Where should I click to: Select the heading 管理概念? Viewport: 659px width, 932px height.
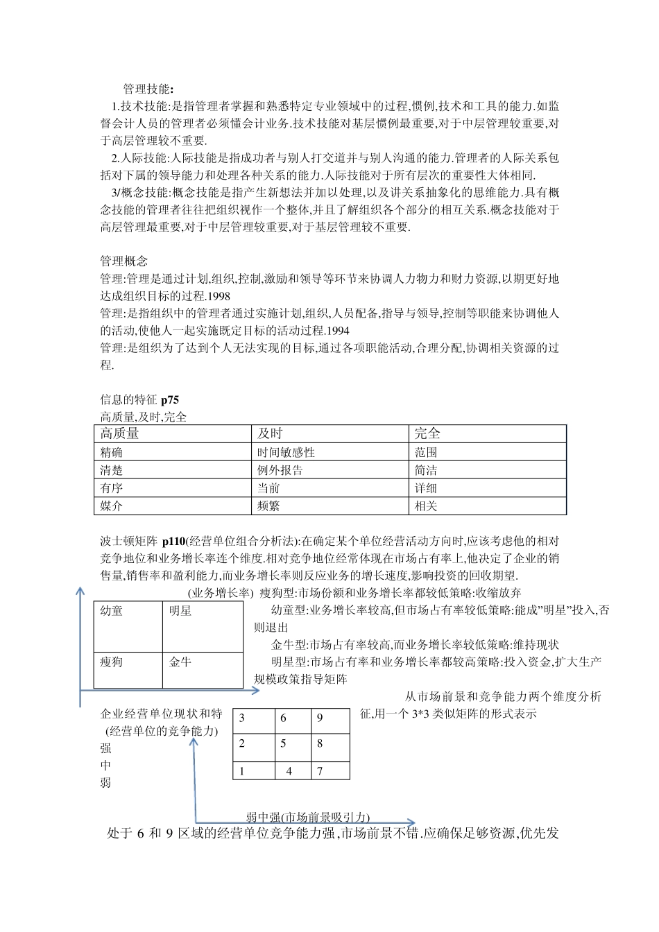(124, 261)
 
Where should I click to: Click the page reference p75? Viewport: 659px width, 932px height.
(170, 399)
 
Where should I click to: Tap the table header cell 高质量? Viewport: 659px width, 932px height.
(119, 433)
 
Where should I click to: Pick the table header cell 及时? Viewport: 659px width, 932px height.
(270, 433)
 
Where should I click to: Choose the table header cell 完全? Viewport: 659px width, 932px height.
(427, 433)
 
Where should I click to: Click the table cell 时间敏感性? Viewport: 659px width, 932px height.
(286, 452)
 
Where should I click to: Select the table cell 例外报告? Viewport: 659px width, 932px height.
(280, 470)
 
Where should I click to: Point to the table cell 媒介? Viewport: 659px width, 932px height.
(112, 506)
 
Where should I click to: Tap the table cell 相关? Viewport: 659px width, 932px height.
(426, 506)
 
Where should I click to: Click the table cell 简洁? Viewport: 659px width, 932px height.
(426, 470)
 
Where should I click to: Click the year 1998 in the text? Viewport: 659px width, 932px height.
(219, 296)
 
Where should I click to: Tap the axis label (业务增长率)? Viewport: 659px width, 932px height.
(221, 593)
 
